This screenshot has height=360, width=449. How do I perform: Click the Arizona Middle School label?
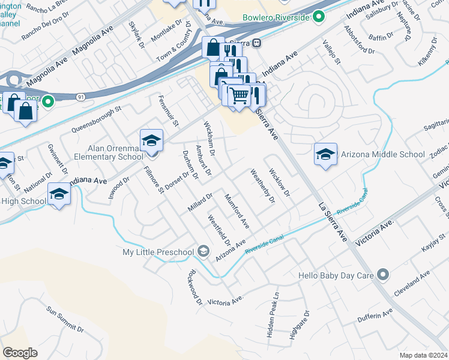(x=383, y=154)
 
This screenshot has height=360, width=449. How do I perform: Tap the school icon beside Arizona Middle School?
(x=325, y=155)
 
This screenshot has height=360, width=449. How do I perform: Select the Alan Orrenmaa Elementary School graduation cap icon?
(x=151, y=141)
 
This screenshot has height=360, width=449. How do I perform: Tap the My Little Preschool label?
(x=158, y=252)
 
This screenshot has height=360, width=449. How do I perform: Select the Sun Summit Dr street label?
(x=65, y=319)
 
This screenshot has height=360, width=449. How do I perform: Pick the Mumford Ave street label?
(x=237, y=210)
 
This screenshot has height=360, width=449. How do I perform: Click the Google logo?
(x=20, y=353)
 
